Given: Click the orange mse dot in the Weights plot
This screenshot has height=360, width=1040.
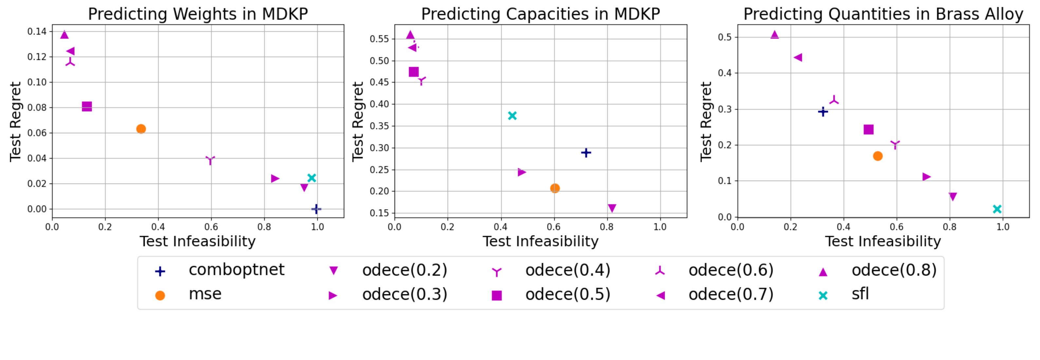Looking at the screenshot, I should (x=141, y=129).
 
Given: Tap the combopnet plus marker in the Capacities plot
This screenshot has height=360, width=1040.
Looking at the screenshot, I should (x=586, y=153).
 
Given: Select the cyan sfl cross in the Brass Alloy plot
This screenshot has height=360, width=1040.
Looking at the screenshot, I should (x=997, y=209).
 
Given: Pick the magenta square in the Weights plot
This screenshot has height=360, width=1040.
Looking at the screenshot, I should (x=87, y=107).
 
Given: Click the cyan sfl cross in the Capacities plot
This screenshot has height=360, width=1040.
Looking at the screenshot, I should (x=512, y=116).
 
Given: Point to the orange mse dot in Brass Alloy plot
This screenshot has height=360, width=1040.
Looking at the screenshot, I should (x=877, y=156).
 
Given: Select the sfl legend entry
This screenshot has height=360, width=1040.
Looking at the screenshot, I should (x=860, y=294).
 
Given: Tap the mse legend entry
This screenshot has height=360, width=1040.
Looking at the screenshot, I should (x=205, y=294).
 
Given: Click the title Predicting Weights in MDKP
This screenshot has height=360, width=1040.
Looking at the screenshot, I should (x=198, y=14).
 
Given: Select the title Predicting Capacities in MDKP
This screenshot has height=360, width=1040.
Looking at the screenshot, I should (x=540, y=14).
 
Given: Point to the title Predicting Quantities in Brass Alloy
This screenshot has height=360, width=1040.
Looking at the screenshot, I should (x=883, y=14).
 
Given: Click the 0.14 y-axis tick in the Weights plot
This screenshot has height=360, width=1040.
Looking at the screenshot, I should (x=37, y=31).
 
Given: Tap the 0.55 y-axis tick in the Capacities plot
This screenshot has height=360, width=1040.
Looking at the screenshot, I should (x=379, y=39).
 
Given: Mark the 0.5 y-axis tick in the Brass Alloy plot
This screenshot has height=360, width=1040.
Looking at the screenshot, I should (x=725, y=37).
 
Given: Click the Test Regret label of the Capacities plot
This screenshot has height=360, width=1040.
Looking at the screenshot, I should (x=358, y=121).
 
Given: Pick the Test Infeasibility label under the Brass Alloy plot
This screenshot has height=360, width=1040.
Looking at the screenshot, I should (x=883, y=241).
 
